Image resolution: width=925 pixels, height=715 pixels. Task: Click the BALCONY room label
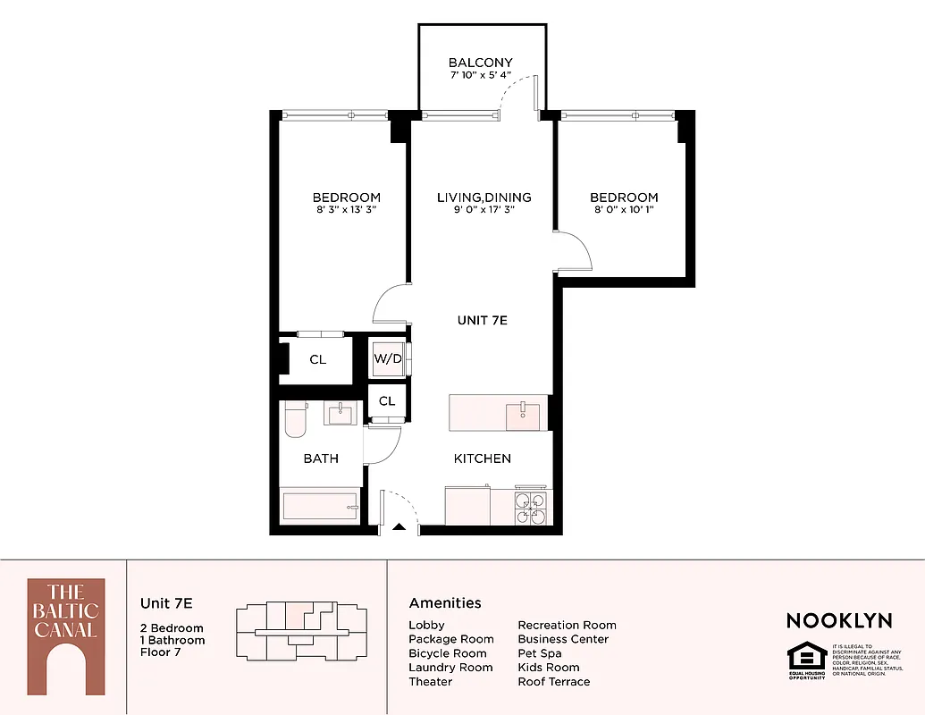481,63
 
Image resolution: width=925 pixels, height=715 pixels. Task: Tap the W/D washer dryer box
388,358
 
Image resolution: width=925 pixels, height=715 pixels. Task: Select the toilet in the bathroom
295,419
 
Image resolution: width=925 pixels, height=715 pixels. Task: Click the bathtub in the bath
321,506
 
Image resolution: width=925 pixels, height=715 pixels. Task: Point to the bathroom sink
341,414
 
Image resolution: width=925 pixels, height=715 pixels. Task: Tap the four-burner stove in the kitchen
531,508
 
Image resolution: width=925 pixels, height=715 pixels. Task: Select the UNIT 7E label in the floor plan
483,320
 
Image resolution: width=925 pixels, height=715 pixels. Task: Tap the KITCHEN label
483,458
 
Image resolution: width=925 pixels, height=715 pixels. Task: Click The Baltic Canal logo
65,635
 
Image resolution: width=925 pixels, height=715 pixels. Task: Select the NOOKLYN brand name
839,620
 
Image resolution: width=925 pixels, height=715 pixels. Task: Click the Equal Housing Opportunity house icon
806,659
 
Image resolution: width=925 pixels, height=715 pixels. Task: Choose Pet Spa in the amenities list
540,653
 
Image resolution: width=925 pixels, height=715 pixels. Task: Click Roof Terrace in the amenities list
554,681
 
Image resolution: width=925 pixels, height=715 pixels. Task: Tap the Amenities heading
445,603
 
